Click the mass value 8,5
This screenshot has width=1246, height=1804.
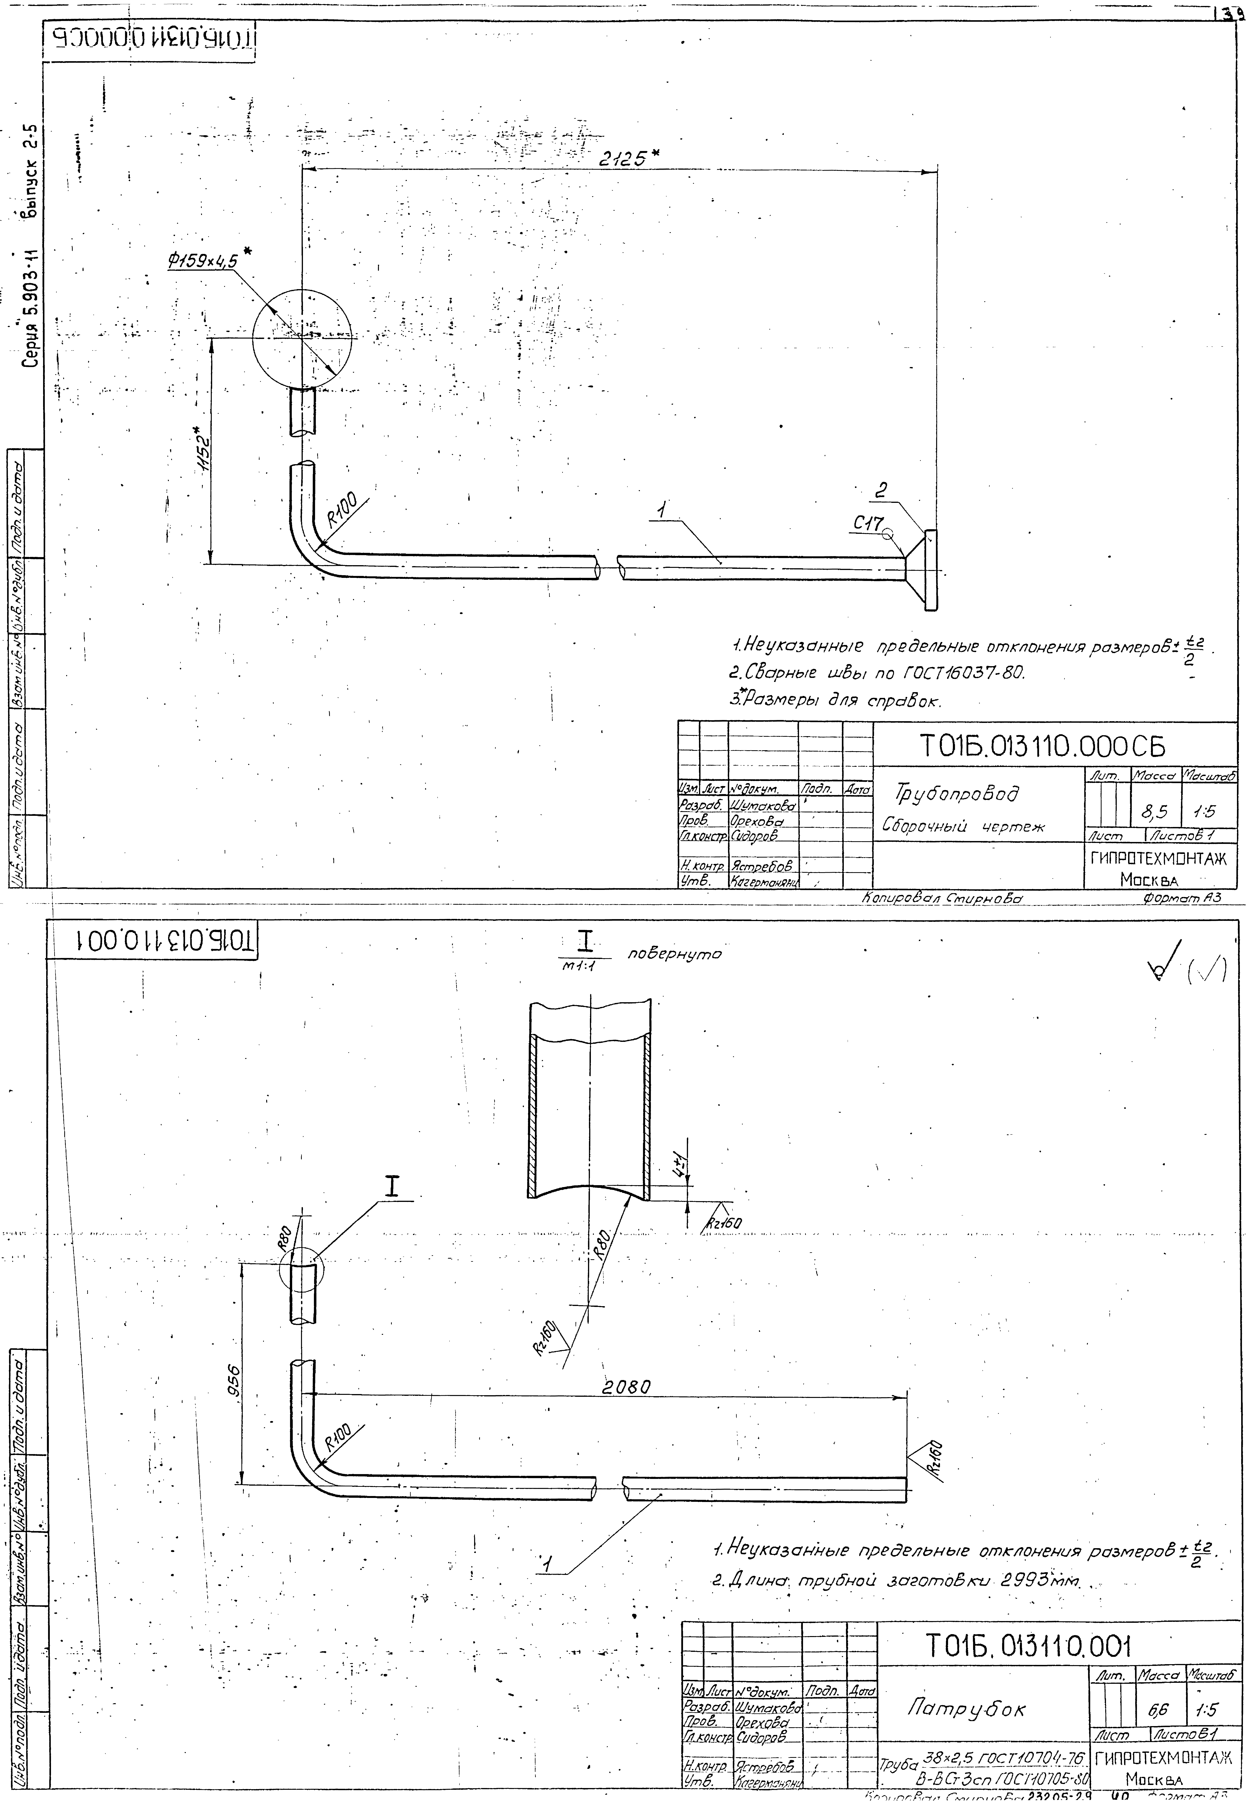coord(1154,813)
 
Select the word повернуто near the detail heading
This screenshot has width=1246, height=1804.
coord(675,954)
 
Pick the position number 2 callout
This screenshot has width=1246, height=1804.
coord(881,491)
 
